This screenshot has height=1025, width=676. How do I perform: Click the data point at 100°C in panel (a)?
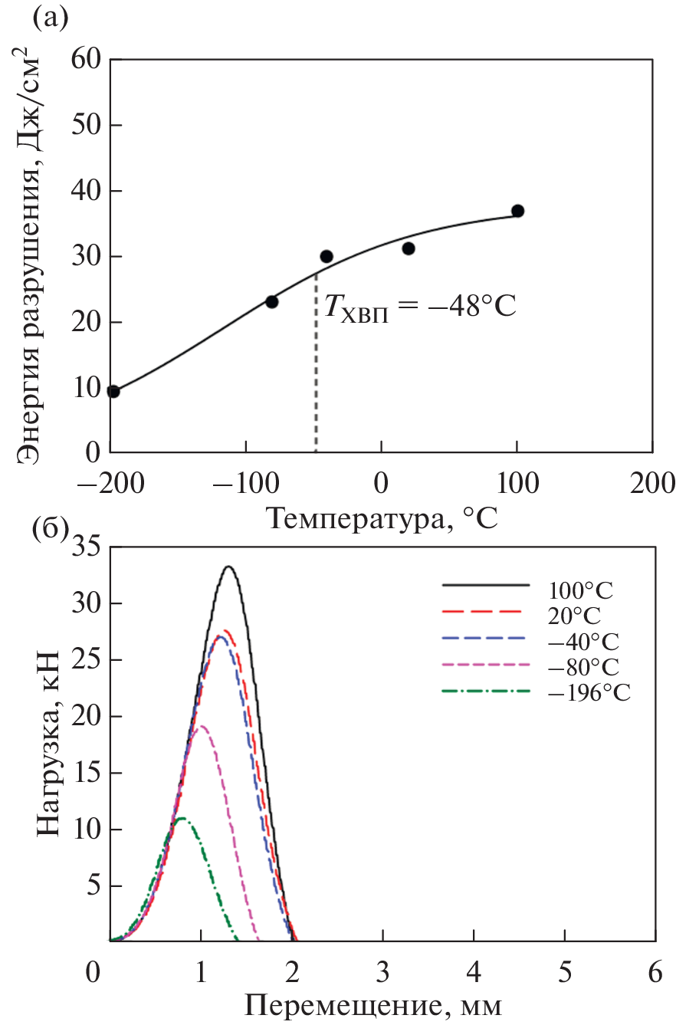click(x=517, y=211)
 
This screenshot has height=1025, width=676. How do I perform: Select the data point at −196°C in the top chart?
click(x=113, y=392)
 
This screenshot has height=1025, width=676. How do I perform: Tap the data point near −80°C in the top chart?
click(x=271, y=302)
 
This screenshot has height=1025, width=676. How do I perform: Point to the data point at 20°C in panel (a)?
click(x=409, y=248)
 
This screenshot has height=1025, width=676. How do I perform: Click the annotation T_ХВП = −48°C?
click(x=418, y=307)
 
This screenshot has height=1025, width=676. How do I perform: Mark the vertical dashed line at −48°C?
click(x=316, y=368)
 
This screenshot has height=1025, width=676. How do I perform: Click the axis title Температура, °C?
click(x=382, y=520)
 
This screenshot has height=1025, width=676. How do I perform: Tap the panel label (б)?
click(x=50, y=528)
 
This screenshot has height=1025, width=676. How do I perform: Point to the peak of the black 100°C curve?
click(x=228, y=567)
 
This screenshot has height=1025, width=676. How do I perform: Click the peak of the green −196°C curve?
click(x=181, y=818)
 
